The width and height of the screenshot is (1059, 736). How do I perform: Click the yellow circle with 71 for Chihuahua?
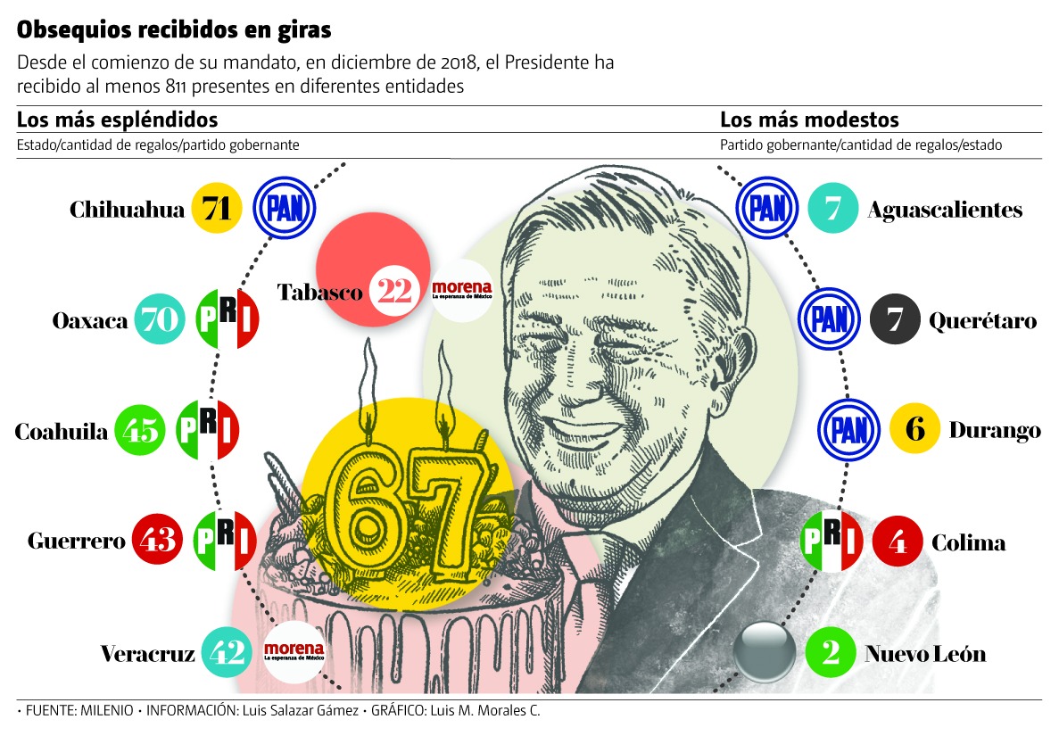[217, 209]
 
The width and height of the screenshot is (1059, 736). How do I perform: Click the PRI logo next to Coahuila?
[207, 431]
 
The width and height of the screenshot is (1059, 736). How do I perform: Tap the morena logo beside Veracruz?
[292, 653]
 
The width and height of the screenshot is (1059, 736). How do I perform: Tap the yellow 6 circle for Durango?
[915, 429]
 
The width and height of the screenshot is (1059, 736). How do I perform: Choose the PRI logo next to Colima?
[831, 542]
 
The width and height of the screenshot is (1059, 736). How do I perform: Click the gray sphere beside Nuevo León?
[764, 653]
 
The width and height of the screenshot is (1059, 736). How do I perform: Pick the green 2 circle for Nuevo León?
[831, 653]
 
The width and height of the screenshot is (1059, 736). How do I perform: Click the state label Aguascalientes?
[945, 210]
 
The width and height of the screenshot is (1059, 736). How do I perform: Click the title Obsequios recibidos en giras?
[174, 30]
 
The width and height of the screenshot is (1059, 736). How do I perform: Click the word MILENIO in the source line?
[107, 711]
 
